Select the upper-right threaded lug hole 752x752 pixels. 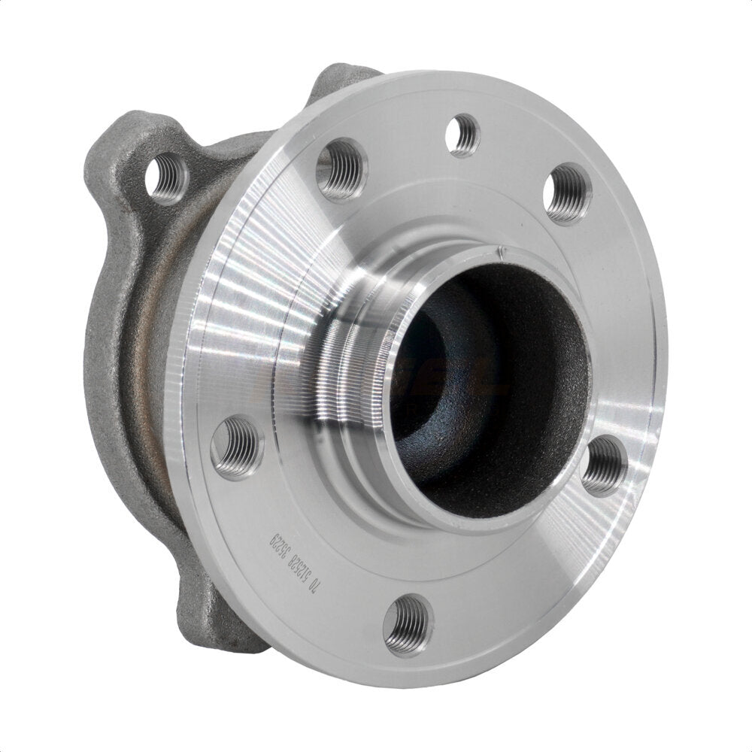[x=568, y=193]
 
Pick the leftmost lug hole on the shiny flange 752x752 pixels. [x=237, y=447]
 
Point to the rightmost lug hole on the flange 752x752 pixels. [x=605, y=465]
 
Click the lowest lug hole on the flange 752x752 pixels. [x=408, y=624]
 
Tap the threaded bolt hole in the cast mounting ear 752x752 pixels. [x=167, y=177]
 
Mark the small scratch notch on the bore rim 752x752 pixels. [x=497, y=254]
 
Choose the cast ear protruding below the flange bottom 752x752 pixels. [x=218, y=617]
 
